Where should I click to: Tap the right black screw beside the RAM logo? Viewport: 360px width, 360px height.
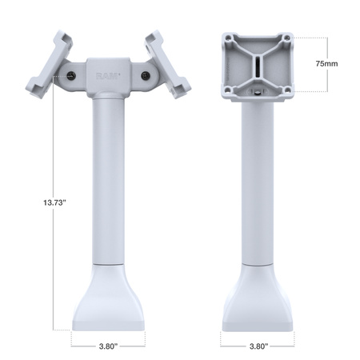point(145,75)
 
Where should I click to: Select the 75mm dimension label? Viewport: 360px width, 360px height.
point(326,62)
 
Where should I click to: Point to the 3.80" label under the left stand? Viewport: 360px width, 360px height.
point(107,346)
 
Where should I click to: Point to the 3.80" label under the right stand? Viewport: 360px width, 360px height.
point(257,346)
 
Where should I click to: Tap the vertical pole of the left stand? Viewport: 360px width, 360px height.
point(108,176)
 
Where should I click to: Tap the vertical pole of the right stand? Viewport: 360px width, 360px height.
point(257,176)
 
